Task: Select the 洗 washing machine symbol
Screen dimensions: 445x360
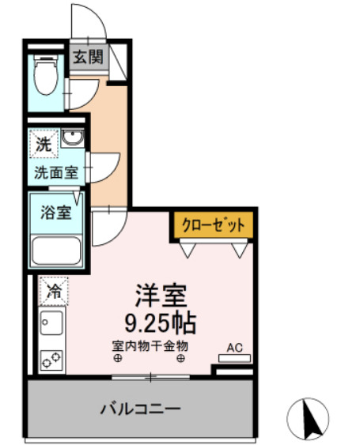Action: click(44, 145)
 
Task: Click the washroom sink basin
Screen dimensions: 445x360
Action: click(74, 141)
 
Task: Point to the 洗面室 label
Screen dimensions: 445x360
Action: click(55, 172)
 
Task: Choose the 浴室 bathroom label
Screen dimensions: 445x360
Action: click(55, 211)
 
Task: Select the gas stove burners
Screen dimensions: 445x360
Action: click(53, 359)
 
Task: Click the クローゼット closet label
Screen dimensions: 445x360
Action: click(214, 225)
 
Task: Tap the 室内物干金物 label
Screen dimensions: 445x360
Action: click(150, 345)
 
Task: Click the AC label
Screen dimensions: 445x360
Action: click(234, 346)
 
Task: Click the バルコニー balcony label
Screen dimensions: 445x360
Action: click(141, 409)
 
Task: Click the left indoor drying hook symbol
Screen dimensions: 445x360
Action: click(118, 358)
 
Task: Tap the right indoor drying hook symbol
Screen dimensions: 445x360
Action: click(182, 358)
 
